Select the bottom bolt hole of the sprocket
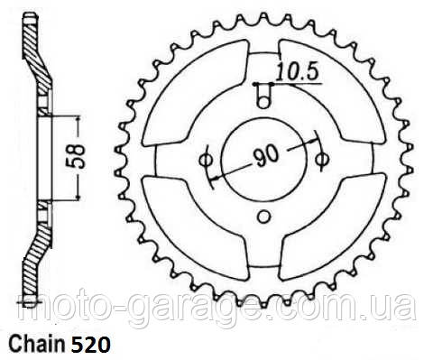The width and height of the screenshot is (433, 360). [263, 215]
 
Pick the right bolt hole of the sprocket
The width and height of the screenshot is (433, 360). [323, 160]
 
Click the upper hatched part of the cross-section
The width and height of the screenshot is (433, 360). [37, 54]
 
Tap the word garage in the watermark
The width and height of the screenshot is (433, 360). [208, 310]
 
